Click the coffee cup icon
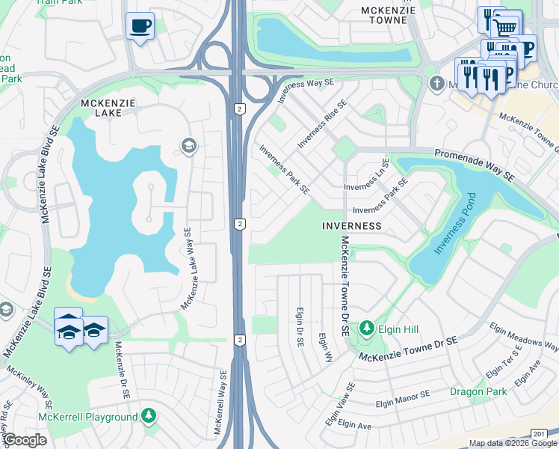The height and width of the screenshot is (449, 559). [140, 26]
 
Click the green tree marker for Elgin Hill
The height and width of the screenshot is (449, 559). [367, 328]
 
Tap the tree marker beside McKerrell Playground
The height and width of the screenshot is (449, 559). [149, 414]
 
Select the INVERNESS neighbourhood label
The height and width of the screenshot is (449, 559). [352, 225]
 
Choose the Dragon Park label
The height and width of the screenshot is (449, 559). [479, 391]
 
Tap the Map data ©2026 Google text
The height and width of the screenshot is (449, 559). [513, 443]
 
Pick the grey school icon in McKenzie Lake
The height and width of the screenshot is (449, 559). [188, 144]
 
